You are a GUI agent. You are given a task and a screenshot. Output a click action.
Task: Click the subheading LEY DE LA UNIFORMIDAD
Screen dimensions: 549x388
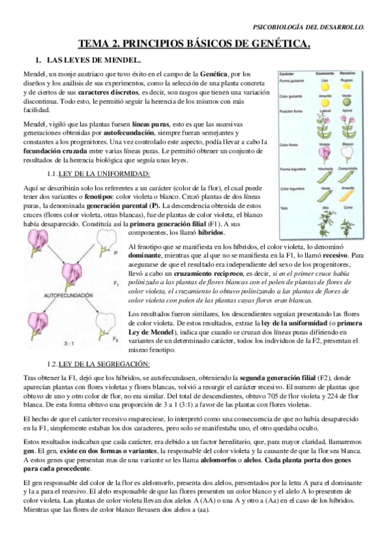click(x=104, y=174)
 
